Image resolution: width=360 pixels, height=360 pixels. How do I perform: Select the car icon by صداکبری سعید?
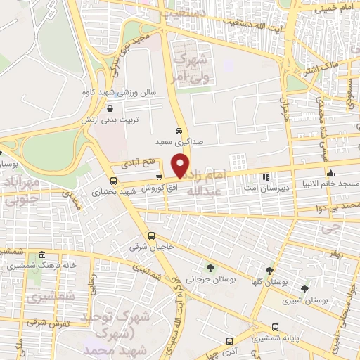click(x=180, y=131)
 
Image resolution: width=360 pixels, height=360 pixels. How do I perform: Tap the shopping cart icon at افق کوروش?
click(x=160, y=177)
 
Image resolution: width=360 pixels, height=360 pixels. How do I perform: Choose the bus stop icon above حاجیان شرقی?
click(x=152, y=236)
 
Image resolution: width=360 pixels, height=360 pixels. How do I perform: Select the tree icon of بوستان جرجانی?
click(x=210, y=267)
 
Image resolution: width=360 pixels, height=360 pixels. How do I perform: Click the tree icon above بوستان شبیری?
click(x=304, y=288)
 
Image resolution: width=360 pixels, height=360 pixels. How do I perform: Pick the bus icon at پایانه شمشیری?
click(x=275, y=327)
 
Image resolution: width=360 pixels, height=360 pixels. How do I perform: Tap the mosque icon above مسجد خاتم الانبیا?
click(x=330, y=173)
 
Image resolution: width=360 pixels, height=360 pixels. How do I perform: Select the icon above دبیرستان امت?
click(x=266, y=178)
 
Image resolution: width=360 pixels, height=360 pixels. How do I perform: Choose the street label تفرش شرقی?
click(x=45, y=323)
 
